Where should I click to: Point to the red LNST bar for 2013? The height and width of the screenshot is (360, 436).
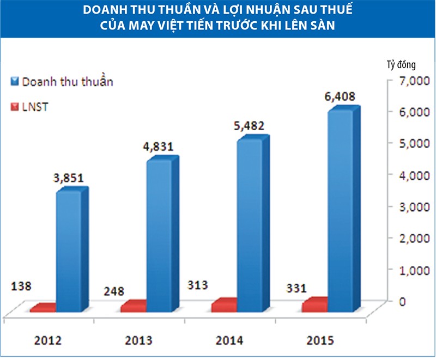coord(133,307)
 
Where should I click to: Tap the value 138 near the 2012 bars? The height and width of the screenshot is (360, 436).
coord(22,285)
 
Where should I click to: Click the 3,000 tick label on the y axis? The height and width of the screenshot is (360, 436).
coord(415,207)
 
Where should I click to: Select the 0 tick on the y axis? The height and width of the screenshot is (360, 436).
coord(403,301)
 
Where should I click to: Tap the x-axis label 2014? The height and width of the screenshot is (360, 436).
coord(229,341)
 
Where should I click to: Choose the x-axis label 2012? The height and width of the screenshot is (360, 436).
coord(47,341)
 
